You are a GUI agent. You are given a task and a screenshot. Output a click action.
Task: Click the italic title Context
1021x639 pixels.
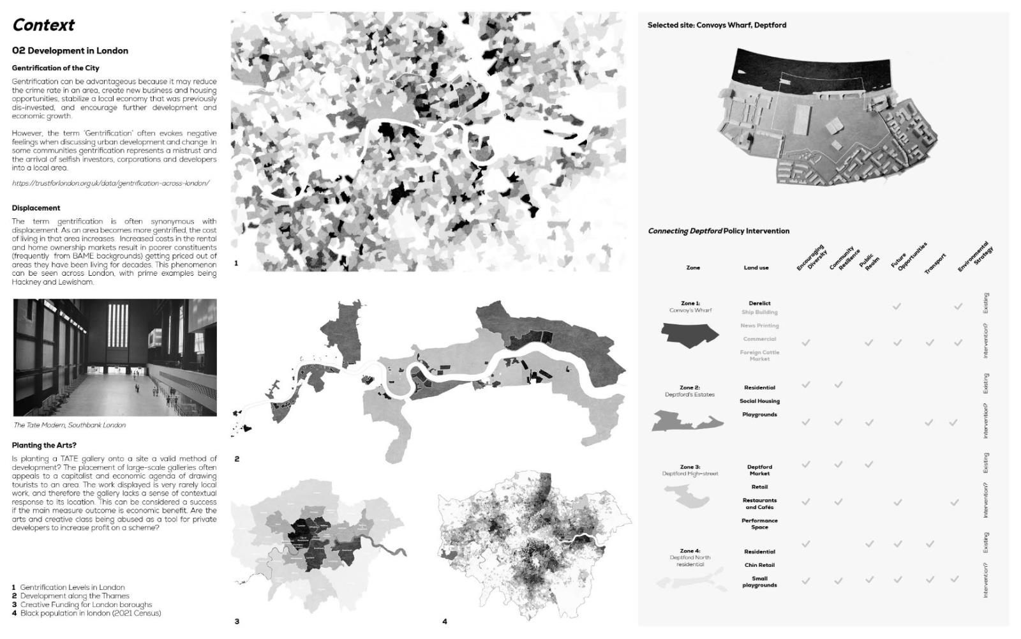pyautogui.click(x=43, y=25)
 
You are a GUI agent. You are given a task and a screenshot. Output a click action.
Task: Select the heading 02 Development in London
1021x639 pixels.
pyautogui.click(x=70, y=50)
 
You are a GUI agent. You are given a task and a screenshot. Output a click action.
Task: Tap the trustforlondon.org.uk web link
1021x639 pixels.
pyautogui.click(x=110, y=183)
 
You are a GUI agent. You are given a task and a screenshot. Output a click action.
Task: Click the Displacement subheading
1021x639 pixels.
pyautogui.click(x=36, y=207)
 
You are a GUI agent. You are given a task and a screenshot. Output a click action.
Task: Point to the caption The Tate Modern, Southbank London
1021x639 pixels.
pyautogui.click(x=70, y=425)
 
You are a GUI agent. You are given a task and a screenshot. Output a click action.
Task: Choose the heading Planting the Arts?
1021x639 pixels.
pyautogui.click(x=44, y=445)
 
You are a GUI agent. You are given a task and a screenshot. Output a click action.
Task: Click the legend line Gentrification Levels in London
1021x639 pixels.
pyautogui.click(x=72, y=587)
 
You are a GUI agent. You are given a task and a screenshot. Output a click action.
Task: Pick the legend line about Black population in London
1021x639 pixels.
pyautogui.click(x=90, y=613)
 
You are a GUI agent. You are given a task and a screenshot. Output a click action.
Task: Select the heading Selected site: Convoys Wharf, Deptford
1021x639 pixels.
pyautogui.click(x=717, y=25)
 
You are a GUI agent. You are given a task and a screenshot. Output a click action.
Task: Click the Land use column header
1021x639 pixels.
pyautogui.click(x=756, y=267)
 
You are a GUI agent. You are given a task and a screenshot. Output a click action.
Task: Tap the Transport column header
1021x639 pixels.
pyautogui.click(x=935, y=264)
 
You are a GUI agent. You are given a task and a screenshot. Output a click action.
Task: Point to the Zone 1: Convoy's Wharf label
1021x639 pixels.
pyautogui.click(x=690, y=306)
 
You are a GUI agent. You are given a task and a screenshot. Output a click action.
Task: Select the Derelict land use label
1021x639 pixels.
pyautogui.click(x=759, y=303)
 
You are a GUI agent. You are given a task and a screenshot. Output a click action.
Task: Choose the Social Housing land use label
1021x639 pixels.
pyautogui.click(x=759, y=401)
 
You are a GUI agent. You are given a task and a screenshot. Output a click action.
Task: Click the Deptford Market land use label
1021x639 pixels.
pyautogui.click(x=759, y=470)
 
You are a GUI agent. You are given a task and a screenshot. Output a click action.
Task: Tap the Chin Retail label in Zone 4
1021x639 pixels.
pyautogui.click(x=759, y=565)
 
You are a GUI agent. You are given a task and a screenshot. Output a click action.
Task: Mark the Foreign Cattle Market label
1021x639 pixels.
pyautogui.click(x=759, y=356)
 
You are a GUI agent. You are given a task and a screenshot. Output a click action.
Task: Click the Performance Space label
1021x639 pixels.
pyautogui.click(x=759, y=524)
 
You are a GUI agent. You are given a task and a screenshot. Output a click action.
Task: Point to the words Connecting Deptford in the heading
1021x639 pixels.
pyautogui.click(x=685, y=231)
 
